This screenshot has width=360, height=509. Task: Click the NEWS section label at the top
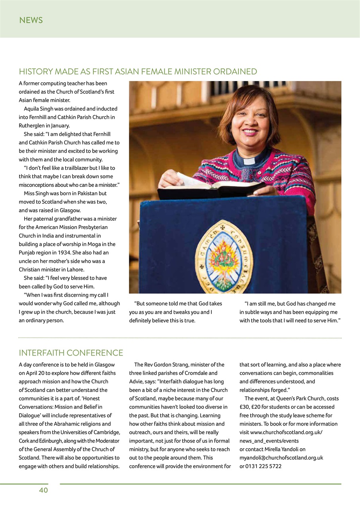(x=31, y=20)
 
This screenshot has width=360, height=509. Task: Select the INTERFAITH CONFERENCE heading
(x=71, y=353)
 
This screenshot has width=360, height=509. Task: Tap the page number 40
(x=43, y=490)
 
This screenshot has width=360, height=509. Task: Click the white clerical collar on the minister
(x=249, y=161)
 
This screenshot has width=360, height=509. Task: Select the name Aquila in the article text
(x=32, y=109)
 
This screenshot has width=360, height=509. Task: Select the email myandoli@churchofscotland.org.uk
(x=281, y=458)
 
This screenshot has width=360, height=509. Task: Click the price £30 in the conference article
(x=245, y=407)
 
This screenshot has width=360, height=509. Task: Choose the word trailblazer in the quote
(x=72, y=168)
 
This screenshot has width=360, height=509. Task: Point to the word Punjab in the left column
(x=27, y=253)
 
